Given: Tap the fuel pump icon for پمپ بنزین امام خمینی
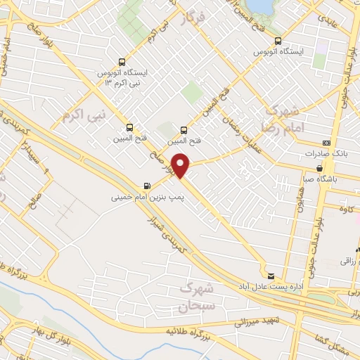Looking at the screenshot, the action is pyautogui.click(x=146, y=186).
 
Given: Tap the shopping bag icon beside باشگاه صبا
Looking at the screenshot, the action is pyautogui.click(x=321, y=168).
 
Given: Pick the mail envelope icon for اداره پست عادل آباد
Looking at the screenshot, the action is pyautogui.click(x=271, y=275).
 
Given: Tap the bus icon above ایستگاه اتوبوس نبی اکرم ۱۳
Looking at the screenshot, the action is pyautogui.click(x=123, y=62).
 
